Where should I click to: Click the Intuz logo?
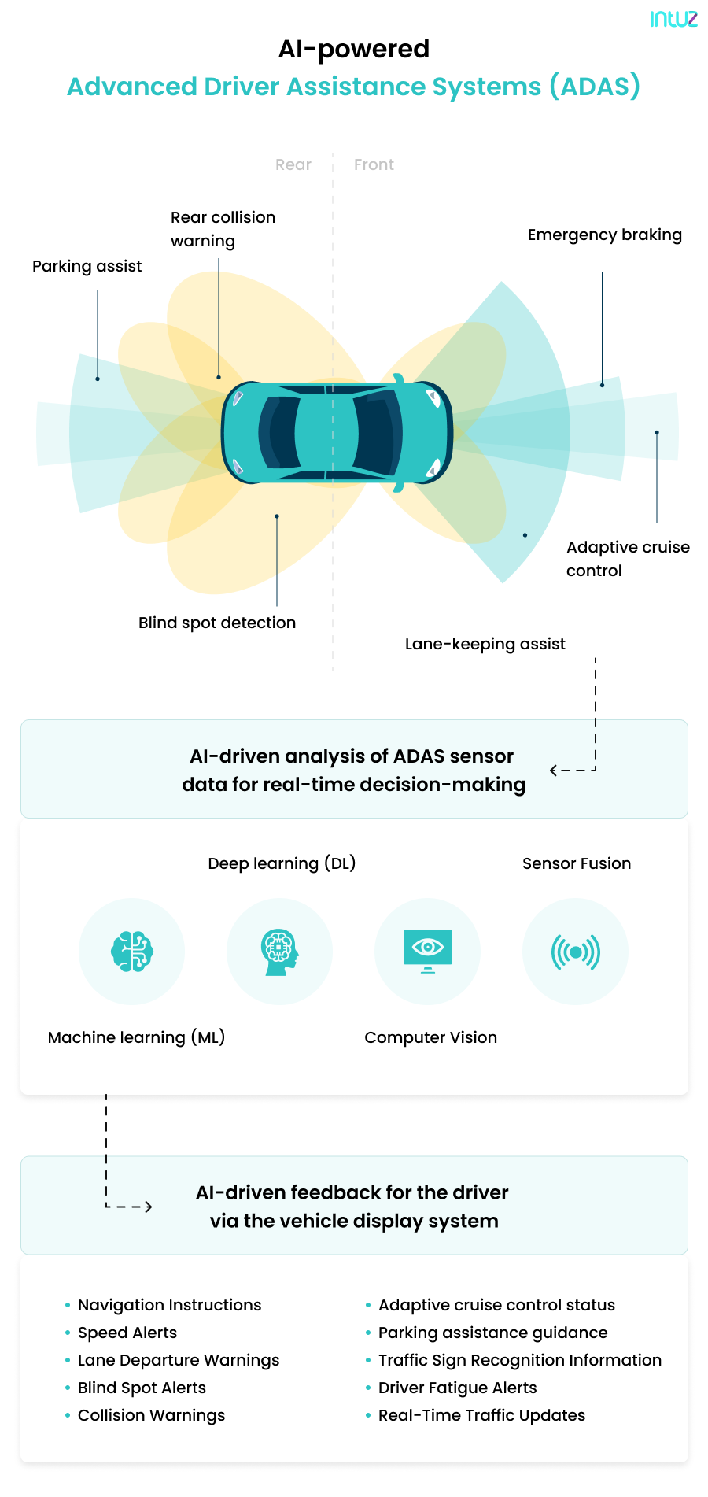673,19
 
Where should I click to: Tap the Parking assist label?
87,266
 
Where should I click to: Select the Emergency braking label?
604,235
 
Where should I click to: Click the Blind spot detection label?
217,623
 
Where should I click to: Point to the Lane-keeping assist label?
485,644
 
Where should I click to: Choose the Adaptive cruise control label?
627,558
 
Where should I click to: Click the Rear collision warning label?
223,228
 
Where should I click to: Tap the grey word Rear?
293,164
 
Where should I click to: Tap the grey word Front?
374,164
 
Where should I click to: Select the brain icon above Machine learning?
132,952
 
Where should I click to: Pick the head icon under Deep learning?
279,952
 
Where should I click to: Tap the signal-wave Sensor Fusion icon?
575,952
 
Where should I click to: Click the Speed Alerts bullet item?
127,1333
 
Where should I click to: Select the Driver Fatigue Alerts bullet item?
457,1388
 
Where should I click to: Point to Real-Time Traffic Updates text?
481,1415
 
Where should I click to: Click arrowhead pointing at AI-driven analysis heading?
554,771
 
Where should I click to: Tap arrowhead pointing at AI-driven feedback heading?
148,1207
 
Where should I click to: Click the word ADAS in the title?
595,87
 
